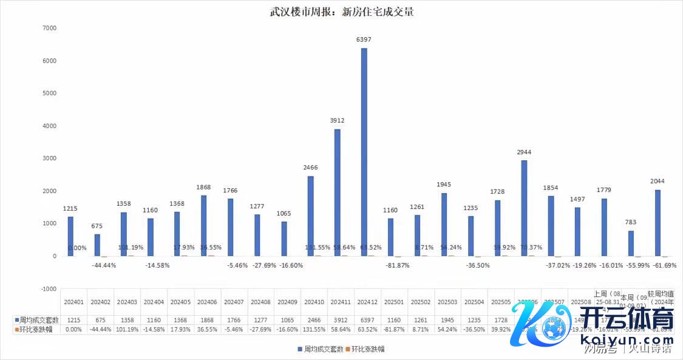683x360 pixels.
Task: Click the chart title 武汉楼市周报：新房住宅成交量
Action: point(342,12)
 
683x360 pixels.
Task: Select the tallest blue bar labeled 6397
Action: point(364,152)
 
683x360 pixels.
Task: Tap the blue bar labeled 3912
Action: point(338,192)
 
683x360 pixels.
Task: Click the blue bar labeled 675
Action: point(97,245)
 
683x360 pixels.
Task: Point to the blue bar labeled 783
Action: point(631,243)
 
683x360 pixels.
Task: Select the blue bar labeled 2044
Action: point(658,223)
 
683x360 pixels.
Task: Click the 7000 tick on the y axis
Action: point(49,28)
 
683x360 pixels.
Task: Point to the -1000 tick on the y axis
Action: point(47,289)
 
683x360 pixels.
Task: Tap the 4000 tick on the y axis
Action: point(49,126)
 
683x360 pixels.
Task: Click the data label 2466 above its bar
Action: point(311,168)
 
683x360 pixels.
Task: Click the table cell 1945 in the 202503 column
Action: point(447,319)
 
